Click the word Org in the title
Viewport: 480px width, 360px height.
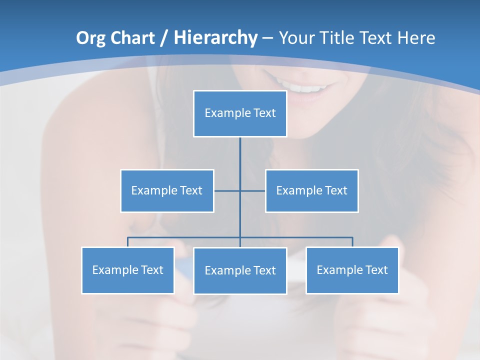[91, 38]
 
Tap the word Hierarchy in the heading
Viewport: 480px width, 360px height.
[215, 38]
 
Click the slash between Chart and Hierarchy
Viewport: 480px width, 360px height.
[164, 38]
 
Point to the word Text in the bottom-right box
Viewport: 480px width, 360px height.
[376, 270]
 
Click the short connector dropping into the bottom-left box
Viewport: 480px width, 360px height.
[128, 242]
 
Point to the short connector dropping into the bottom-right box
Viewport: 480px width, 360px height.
[352, 242]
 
